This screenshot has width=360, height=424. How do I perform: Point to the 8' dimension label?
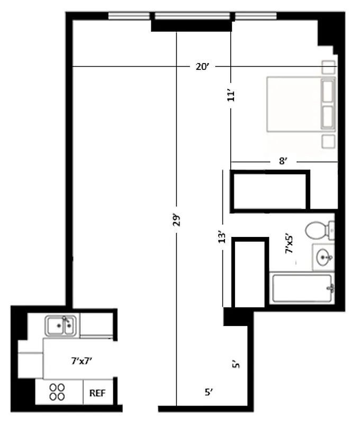coord(284,162)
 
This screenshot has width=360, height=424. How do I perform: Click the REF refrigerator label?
coord(96,393)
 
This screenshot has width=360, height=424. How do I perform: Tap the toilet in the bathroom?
coord(319,231)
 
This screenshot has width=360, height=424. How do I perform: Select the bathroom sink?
coord(323,258)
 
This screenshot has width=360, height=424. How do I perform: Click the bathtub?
coord(302,288)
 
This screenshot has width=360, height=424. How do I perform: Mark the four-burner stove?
coord(57,391)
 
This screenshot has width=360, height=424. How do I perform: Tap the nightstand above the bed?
coord(329,67)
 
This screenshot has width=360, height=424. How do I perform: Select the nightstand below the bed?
coord(329,140)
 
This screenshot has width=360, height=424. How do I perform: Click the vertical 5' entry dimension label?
coord(237,365)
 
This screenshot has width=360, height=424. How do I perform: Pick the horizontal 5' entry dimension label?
coord(209,393)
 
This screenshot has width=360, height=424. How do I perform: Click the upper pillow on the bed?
coord(328,91)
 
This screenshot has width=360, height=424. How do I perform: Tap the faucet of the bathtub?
coord(331,288)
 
